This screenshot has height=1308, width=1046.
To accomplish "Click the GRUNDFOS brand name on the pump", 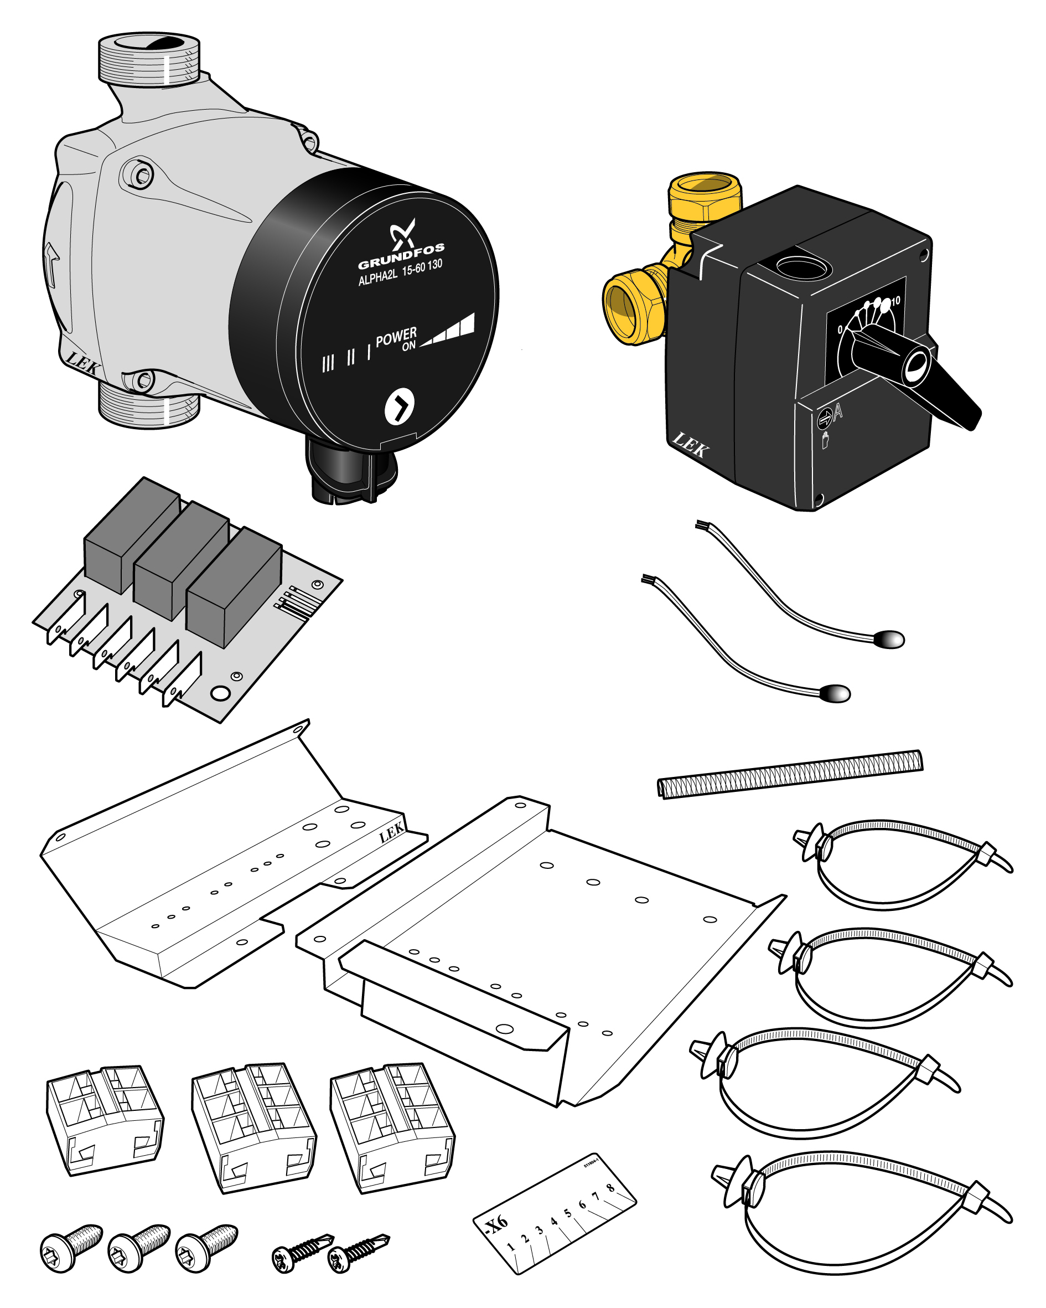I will (x=401, y=256).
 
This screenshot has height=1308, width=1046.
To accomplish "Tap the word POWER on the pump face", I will (x=396, y=337).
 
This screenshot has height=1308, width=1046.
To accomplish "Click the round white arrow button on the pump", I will (x=400, y=406).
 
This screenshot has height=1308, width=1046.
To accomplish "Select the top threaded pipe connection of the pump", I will (x=149, y=59).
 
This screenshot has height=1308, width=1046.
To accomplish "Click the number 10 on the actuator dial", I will (x=895, y=301).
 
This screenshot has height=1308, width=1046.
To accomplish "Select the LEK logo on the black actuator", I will (x=690, y=445).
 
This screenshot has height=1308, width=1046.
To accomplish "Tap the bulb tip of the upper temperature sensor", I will (x=889, y=639).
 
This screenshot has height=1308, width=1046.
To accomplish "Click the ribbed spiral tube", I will (x=790, y=774).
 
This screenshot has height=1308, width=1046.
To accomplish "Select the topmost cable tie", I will (x=898, y=861).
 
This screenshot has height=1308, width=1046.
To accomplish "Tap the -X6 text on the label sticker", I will (x=496, y=1225).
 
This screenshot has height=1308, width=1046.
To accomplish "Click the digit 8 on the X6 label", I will (x=610, y=1188).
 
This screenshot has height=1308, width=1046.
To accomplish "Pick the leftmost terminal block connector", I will (x=104, y=1119).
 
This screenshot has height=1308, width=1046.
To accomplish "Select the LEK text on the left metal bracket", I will (x=391, y=832).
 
